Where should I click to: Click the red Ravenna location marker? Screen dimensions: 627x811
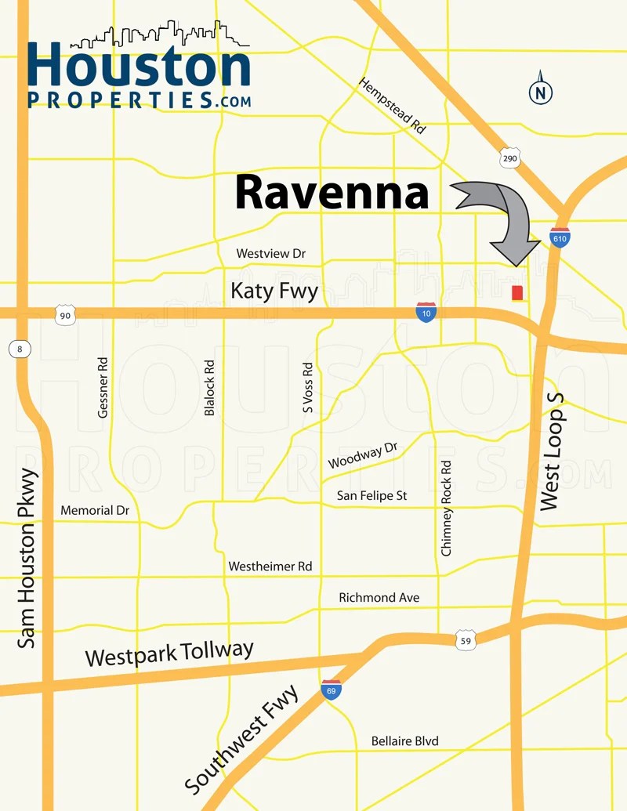[x=517, y=293]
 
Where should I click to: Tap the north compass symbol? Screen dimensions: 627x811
[x=540, y=92]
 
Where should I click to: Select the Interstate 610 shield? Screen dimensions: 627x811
[x=560, y=237]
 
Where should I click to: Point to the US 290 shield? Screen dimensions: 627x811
[x=509, y=157]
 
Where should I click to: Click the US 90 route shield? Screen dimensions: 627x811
[x=65, y=316]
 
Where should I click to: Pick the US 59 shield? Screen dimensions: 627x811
[x=466, y=639]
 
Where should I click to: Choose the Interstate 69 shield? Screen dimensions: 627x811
[x=331, y=690]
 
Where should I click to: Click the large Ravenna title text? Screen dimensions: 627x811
[x=332, y=192]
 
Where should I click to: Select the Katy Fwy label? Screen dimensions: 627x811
[x=274, y=291]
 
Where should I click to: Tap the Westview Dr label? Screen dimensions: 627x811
[x=270, y=254]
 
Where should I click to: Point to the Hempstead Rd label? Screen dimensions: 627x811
[x=393, y=106]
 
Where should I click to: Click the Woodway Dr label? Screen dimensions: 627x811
[x=363, y=455]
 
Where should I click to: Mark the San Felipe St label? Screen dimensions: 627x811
[x=371, y=496]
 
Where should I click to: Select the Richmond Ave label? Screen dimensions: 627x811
[x=379, y=598]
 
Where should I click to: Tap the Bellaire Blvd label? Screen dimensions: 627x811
[x=404, y=741]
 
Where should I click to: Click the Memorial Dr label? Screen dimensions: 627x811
[x=95, y=510]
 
